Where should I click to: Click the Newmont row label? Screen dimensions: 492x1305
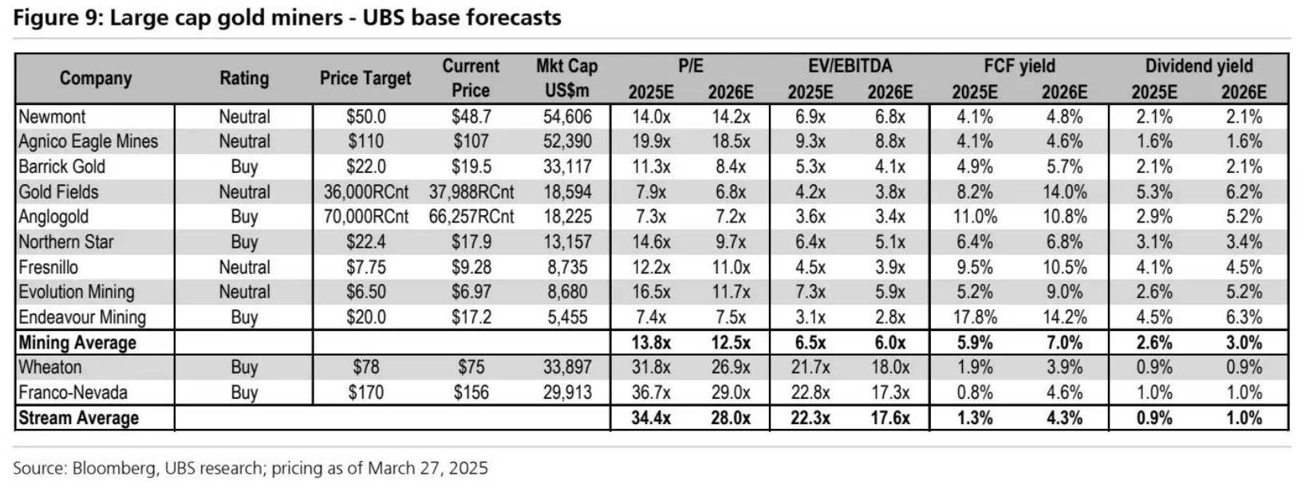click(52, 116)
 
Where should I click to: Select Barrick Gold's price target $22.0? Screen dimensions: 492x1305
click(365, 167)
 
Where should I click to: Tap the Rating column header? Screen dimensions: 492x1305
click(244, 78)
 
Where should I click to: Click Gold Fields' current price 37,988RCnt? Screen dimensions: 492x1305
click(471, 192)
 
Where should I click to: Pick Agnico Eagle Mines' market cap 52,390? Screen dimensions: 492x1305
click(567, 141)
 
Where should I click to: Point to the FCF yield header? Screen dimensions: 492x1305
click(1019, 66)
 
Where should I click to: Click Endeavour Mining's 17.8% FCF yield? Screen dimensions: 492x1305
click(974, 317)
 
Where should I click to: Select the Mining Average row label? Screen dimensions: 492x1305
click(77, 343)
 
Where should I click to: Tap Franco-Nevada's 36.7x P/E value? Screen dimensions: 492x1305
click(651, 392)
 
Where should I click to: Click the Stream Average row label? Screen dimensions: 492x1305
click(78, 418)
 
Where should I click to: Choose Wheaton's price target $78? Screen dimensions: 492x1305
click(365, 368)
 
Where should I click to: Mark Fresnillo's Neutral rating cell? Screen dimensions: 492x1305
click(244, 267)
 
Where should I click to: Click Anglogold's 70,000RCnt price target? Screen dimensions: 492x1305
click(365, 217)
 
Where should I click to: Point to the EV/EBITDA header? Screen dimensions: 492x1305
click(850, 66)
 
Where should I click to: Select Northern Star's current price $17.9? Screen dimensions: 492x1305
click(471, 242)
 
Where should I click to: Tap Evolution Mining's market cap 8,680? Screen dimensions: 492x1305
click(567, 292)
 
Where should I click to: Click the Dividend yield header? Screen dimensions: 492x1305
click(1198, 66)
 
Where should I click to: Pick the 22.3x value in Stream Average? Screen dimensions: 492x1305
click(810, 418)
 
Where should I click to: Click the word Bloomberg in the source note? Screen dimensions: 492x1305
click(114, 468)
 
